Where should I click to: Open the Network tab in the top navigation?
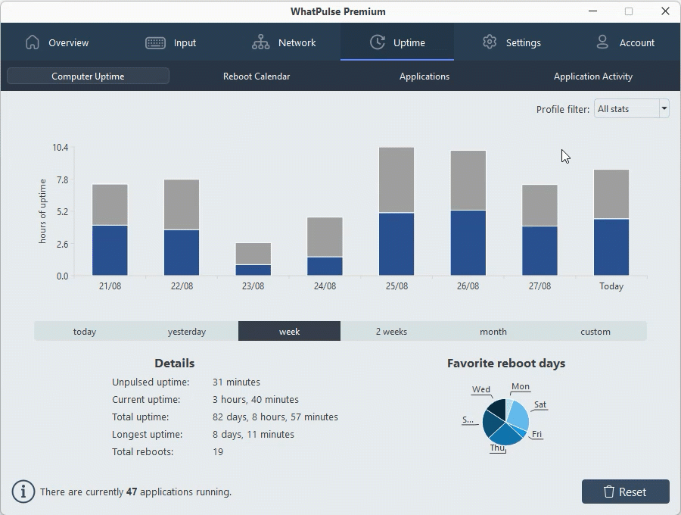[284, 42]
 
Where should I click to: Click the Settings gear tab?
[512, 42]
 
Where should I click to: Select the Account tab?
[624, 42]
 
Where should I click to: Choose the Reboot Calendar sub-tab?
[257, 76]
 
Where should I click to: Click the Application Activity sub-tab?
[592, 76]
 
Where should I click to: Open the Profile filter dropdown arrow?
[664, 109]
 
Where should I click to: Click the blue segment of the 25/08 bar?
[396, 244]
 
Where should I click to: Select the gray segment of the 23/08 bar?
[253, 253]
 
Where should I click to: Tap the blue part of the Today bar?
[611, 247]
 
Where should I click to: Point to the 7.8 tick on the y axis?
[61, 179]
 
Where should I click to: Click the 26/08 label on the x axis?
[468, 286]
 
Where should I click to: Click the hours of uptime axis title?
[42, 211]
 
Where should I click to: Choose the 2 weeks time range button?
[391, 332]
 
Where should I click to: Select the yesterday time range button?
[187, 332]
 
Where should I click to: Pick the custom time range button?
[595, 332]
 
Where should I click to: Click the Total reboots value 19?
[218, 451]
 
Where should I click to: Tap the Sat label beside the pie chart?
[540, 404]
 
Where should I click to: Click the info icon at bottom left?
[23, 492]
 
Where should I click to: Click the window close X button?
[665, 11]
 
